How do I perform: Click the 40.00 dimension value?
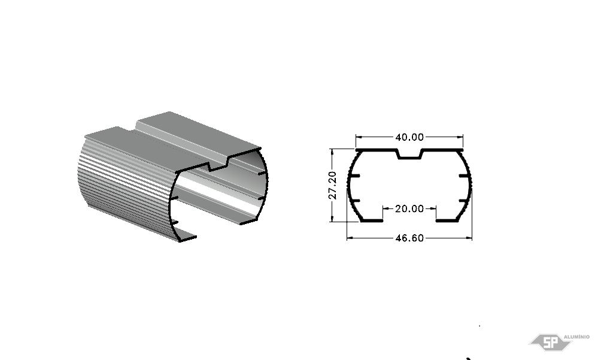409,137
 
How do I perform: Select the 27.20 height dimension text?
333,185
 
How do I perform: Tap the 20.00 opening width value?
409,208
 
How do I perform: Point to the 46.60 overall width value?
409,238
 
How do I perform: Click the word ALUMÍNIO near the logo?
576,337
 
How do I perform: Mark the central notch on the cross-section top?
409,155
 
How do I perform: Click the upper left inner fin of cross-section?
354,176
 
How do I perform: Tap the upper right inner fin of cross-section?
464,176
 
